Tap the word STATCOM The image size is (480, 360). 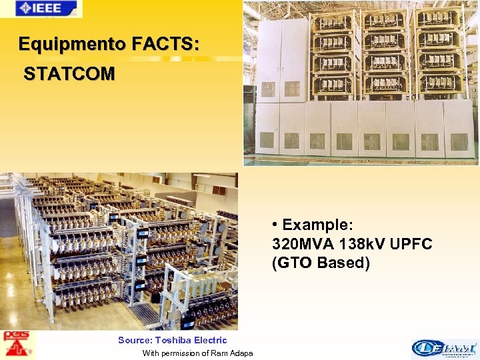tap(69, 73)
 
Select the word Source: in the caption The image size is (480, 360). tap(135, 340)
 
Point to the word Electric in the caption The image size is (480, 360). tap(210, 340)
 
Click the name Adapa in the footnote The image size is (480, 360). tap(241, 353)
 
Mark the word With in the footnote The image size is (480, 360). tap(151, 353)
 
